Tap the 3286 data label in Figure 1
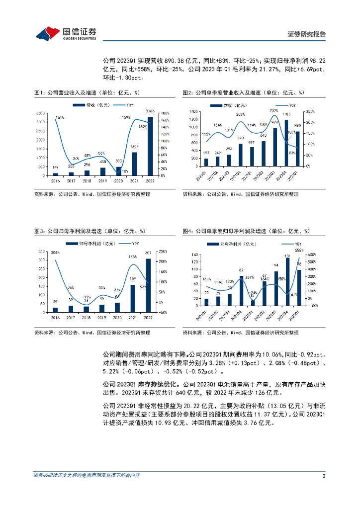click(x=150, y=111)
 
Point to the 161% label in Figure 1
click(x=60, y=117)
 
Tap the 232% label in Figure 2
click(x=274, y=110)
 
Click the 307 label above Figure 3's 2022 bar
click(x=149, y=253)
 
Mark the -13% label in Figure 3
click(x=86, y=297)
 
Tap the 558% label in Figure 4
click(x=299, y=250)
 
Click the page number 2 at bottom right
click(x=324, y=476)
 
